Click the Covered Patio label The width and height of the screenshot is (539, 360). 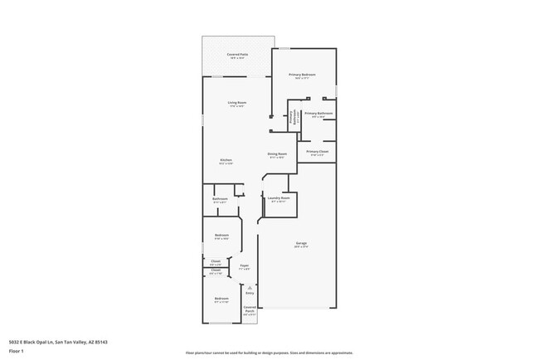click(238, 56)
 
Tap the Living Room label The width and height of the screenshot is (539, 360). click(238, 103)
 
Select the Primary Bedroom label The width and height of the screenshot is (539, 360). click(302, 75)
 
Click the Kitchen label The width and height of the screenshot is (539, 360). click(225, 160)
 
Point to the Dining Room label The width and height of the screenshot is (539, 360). click(277, 154)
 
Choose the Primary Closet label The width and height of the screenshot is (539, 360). click(318, 152)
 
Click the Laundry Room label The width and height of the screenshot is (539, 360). click(278, 198)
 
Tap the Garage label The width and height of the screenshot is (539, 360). click(301, 243)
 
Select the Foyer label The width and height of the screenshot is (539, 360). click(245, 265)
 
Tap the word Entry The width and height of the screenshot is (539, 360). click(250, 293)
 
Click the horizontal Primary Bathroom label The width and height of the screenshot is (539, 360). click(318, 114)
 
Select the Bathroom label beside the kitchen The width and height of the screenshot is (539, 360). click(220, 199)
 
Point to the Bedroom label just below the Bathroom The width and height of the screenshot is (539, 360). click(221, 236)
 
